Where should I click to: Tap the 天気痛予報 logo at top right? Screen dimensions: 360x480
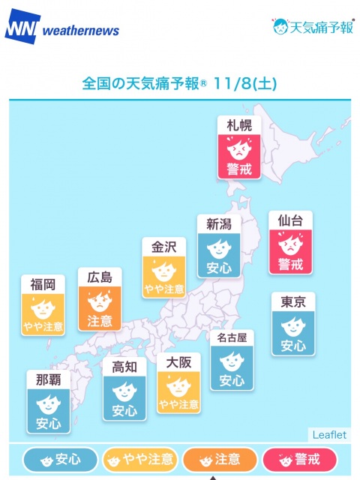(312, 27)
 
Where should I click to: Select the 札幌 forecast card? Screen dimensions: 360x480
(239, 147)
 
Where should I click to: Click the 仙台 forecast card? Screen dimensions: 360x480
(290, 242)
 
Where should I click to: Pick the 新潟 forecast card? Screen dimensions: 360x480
(218, 245)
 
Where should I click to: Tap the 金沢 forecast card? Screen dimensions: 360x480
(164, 268)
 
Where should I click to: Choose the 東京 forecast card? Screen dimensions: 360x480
(293, 324)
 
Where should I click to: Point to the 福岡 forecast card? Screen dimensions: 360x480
(43, 305)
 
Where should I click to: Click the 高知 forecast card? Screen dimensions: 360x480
(124, 389)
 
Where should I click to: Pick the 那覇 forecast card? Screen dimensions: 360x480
(48, 401)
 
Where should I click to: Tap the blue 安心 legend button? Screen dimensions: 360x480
(61, 459)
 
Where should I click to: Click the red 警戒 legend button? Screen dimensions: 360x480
(300, 459)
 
